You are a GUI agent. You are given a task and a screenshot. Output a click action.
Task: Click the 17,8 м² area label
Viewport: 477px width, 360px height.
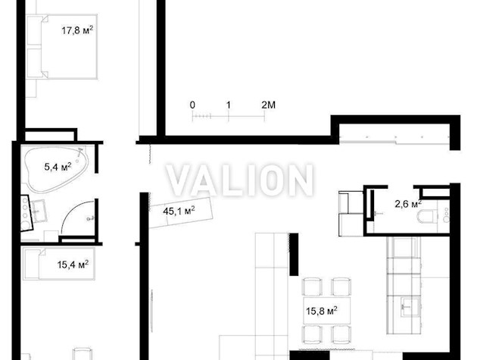pos(77,30)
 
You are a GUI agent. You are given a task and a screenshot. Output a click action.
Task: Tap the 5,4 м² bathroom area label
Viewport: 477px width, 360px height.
pos(58,167)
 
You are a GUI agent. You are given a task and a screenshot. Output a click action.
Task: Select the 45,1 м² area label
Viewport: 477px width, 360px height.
pos(179,211)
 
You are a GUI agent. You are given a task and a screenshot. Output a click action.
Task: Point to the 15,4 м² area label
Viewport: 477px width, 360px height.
pos(73,264)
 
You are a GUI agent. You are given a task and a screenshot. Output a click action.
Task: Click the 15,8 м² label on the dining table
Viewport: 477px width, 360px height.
pos(322,311)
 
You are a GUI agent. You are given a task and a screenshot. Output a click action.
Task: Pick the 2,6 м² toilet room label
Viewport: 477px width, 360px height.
pos(408,204)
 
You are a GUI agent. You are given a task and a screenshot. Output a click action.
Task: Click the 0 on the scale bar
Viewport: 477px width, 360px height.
pos(192,105)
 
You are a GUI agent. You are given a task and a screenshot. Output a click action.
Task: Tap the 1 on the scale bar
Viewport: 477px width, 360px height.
pos(229,105)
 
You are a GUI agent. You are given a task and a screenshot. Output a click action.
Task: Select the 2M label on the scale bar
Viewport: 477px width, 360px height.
pos(268,105)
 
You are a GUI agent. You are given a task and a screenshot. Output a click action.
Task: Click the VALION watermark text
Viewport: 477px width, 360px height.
pos(240,180)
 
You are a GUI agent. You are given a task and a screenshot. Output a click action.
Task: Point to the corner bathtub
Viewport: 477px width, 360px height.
pos(56,169)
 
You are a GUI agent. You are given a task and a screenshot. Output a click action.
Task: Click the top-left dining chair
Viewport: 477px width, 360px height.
pos(312,286)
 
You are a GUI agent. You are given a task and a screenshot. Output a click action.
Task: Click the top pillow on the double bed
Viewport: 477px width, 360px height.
pos(34,30)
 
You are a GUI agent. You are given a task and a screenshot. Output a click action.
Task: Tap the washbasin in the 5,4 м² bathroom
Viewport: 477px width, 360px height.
pos(39,211)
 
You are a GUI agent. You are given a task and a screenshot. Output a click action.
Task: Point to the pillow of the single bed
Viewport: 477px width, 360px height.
pos(31,264)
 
